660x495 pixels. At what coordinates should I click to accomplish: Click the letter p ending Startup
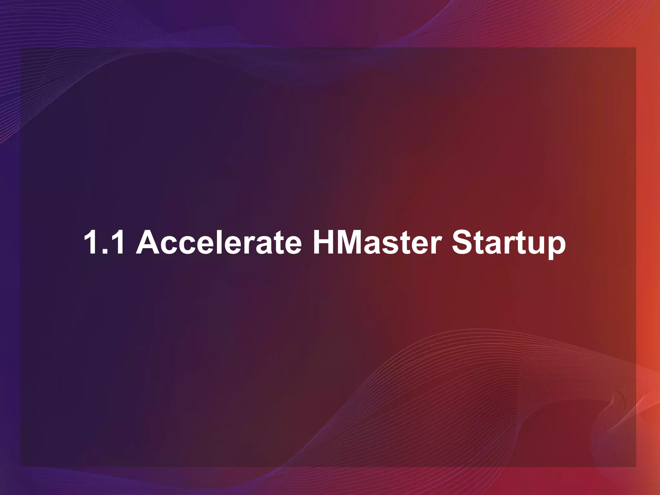[556, 247]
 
